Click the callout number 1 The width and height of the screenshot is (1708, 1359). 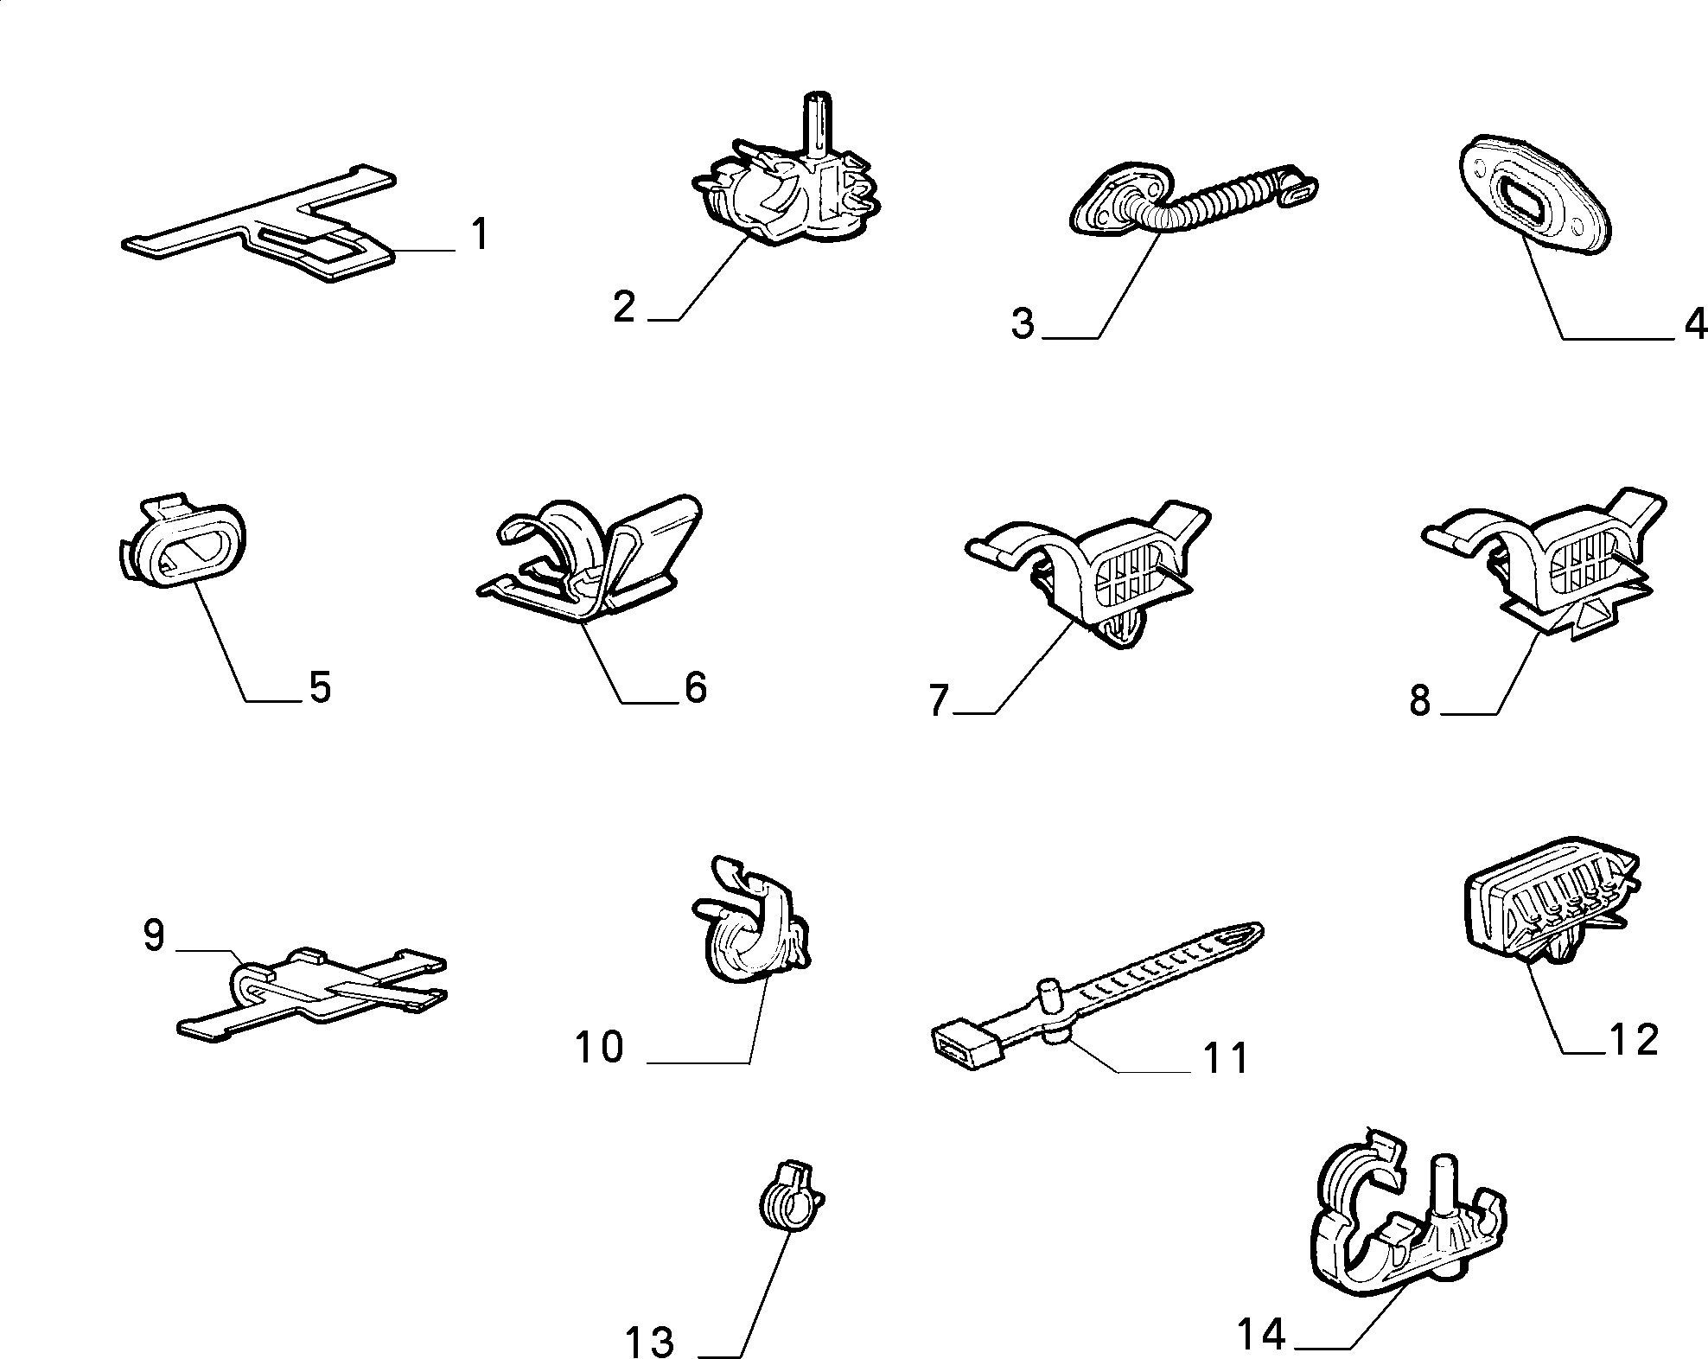coord(479,234)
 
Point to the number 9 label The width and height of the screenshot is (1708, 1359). coord(154,935)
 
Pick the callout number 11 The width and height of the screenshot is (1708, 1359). coord(1225,1058)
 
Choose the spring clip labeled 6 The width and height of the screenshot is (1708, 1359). coord(590,558)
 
